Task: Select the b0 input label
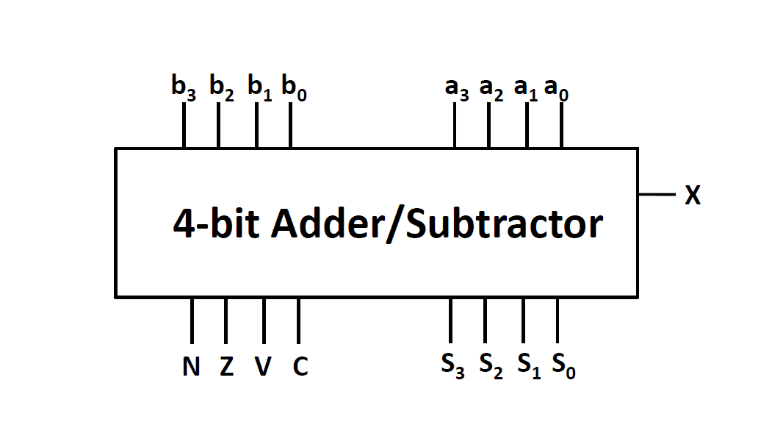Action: [x=294, y=88]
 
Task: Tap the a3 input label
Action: [x=457, y=88]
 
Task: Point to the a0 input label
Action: [x=557, y=88]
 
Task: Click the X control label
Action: [x=692, y=196]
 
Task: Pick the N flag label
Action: [x=191, y=366]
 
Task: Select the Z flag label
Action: [x=226, y=366]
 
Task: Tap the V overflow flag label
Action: [x=262, y=366]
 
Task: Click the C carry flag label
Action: [x=300, y=366]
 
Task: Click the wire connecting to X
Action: [x=656, y=195]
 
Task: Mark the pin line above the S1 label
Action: [x=523, y=321]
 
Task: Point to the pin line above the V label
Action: [x=264, y=321]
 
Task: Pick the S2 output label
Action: [x=491, y=365]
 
